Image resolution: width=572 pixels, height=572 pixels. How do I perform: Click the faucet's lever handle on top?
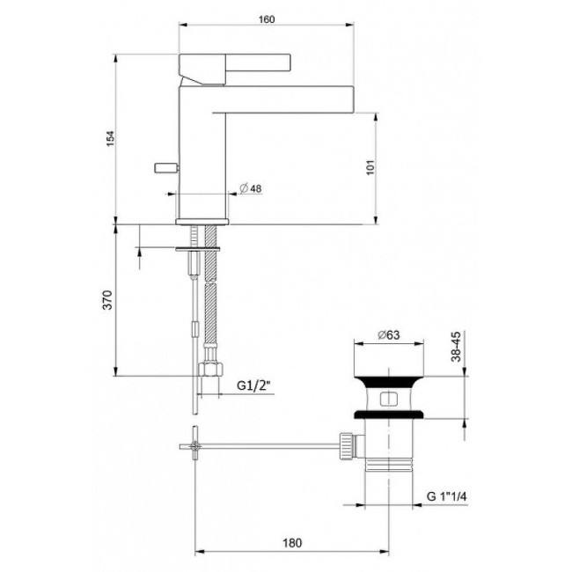click(x=234, y=64)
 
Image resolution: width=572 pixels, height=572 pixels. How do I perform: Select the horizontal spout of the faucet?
click(x=290, y=99)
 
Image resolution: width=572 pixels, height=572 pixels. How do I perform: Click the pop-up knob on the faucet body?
click(x=164, y=167)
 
